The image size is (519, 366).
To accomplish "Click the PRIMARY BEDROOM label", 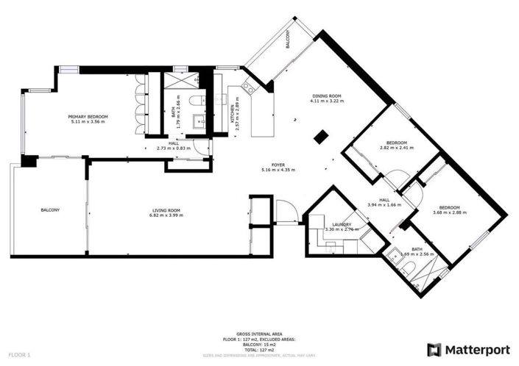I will click(88, 117).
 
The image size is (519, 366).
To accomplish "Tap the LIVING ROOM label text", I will click(164, 211).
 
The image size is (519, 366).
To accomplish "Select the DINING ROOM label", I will click(326, 96).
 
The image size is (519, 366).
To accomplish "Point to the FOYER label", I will click(278, 165).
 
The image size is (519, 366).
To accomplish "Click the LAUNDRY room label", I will click(341, 225).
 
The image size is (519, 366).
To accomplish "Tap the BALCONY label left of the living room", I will click(50, 211).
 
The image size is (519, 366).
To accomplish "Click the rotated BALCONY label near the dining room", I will click(288, 39).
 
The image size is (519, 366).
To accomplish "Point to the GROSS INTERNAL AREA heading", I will click(259, 334).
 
